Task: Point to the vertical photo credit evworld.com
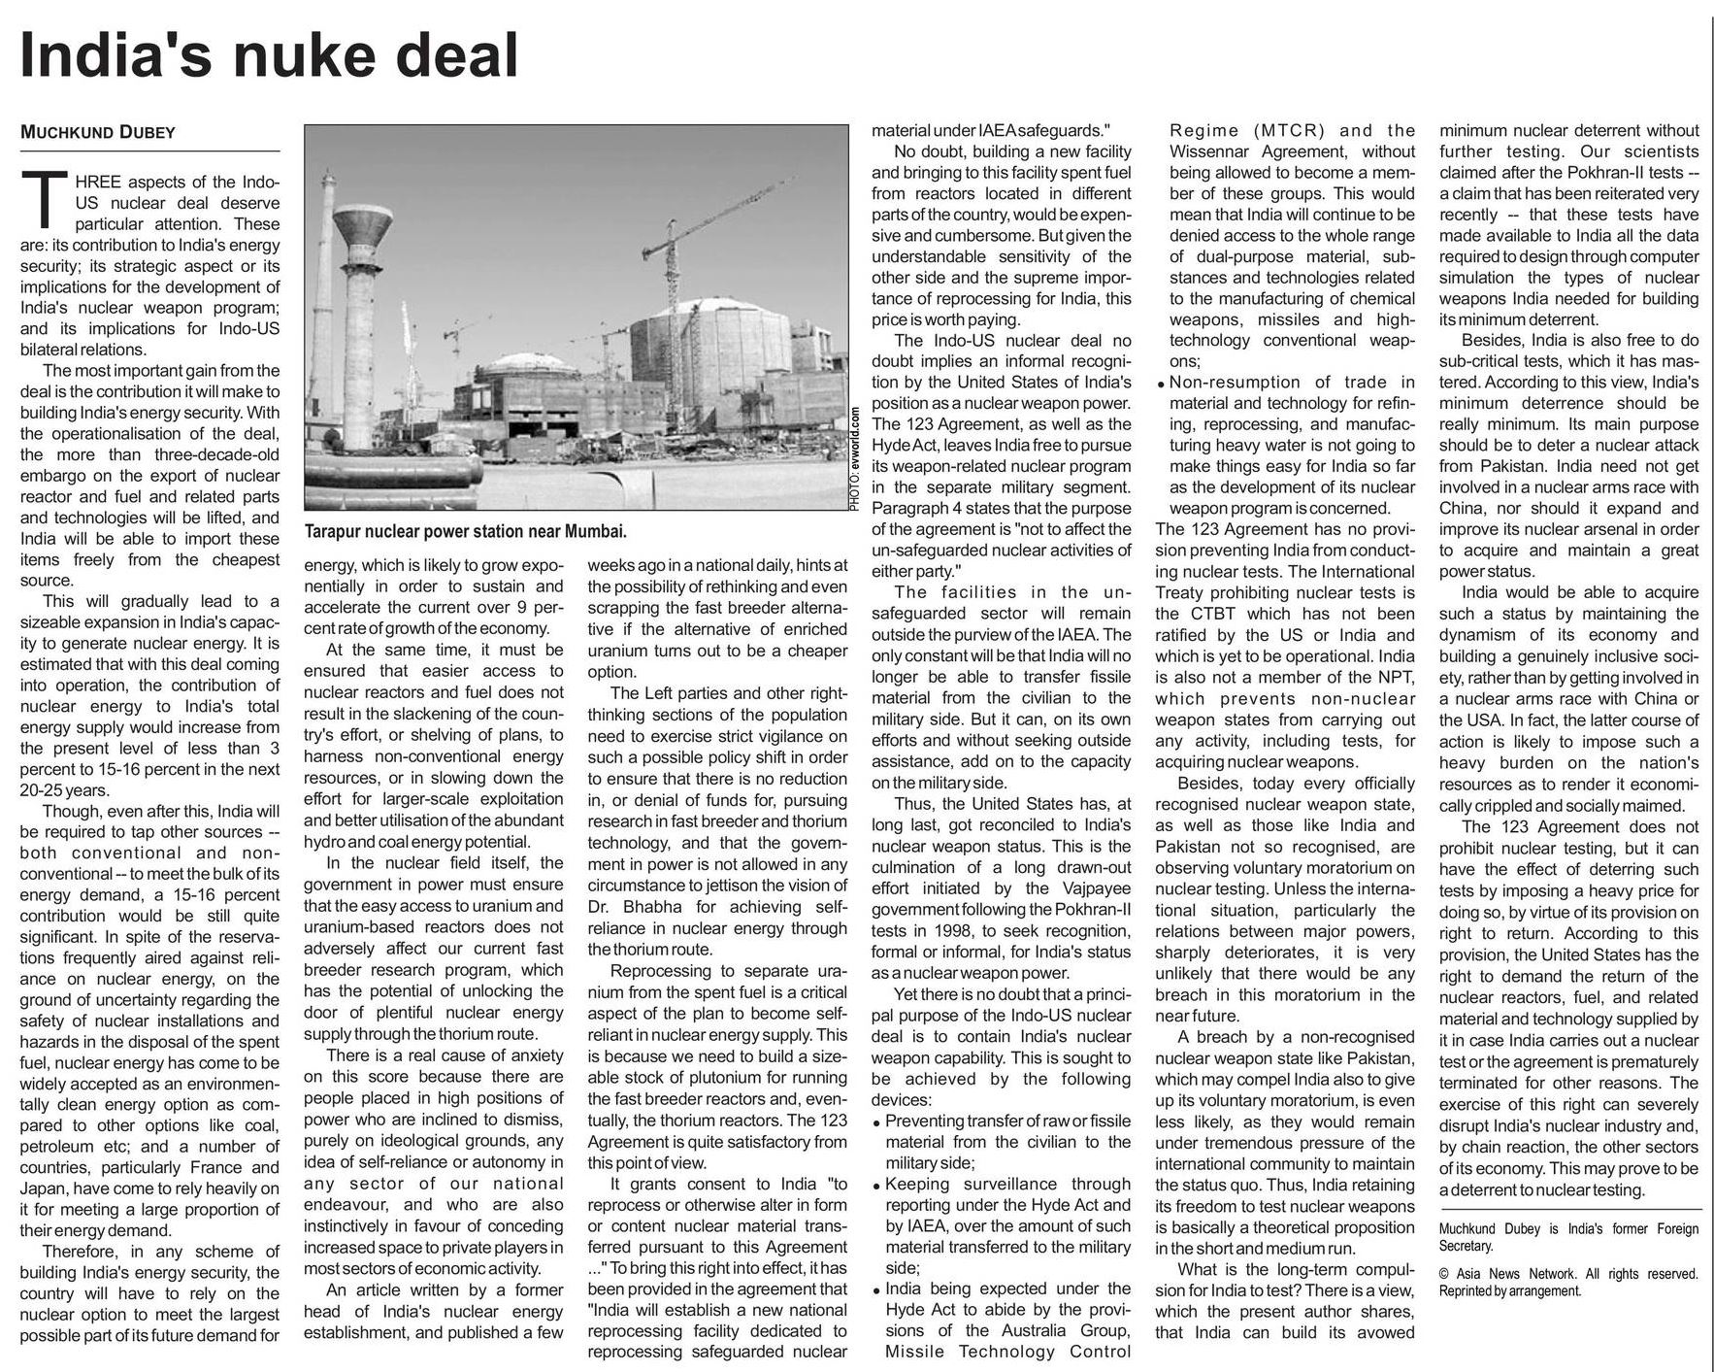pos(855,457)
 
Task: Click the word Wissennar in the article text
pos(1217,151)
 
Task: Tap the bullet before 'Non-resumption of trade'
pos(1162,384)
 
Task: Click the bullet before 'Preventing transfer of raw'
pos(877,1122)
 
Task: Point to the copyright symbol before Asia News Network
pos(1444,1274)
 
